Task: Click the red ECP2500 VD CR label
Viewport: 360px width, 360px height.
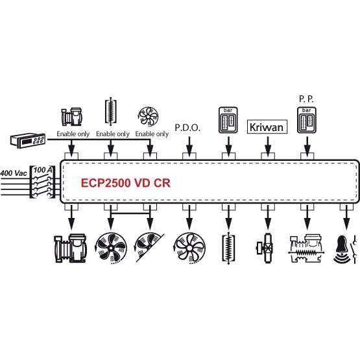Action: click(126, 183)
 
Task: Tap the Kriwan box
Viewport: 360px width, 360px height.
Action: click(267, 126)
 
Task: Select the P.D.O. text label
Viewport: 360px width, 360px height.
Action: click(187, 128)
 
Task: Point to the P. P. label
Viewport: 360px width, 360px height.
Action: click(306, 99)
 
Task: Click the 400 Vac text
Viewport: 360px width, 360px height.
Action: click(14, 173)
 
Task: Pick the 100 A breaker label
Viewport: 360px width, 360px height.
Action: click(43, 170)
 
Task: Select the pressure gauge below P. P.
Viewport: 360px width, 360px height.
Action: click(307, 120)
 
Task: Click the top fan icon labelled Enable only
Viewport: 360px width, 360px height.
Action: click(148, 117)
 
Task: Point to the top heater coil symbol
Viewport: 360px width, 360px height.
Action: click(111, 111)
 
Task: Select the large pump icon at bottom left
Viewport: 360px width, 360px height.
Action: click(71, 248)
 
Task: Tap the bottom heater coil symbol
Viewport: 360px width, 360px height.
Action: click(228, 248)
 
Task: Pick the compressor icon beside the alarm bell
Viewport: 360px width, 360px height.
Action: click(306, 248)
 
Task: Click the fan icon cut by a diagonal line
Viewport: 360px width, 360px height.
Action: click(150, 248)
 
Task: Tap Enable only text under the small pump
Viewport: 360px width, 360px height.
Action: click(73, 134)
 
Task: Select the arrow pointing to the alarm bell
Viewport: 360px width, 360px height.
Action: click(346, 217)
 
